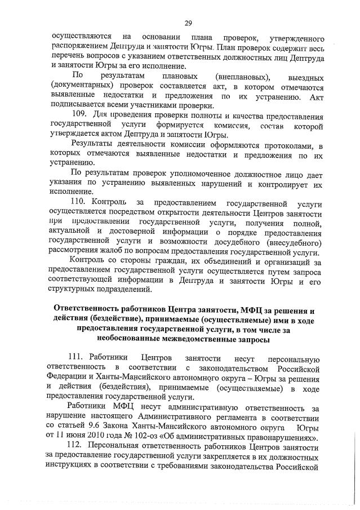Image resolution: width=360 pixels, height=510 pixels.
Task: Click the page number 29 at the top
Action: coord(189,23)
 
